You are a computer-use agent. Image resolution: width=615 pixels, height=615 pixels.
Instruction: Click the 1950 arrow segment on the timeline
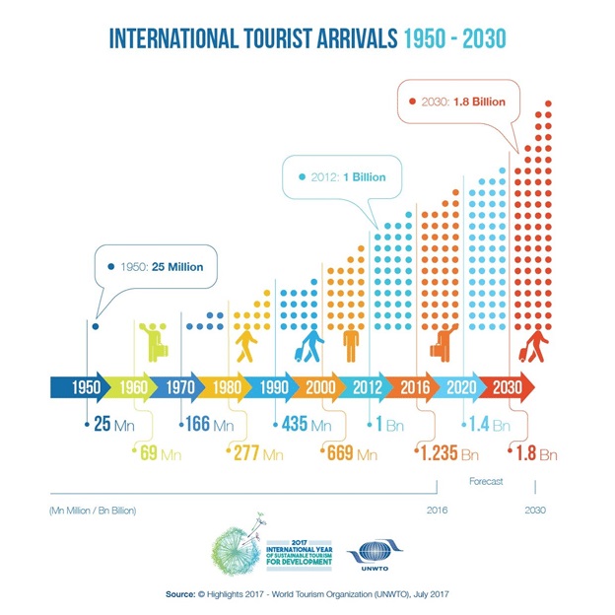coord(86,387)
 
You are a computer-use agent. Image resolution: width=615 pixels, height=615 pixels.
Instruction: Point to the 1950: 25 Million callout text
coord(162,266)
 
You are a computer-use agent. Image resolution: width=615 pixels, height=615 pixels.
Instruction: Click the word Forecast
coord(485,482)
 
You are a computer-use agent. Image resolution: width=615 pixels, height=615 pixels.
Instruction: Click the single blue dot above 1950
coord(95,326)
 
